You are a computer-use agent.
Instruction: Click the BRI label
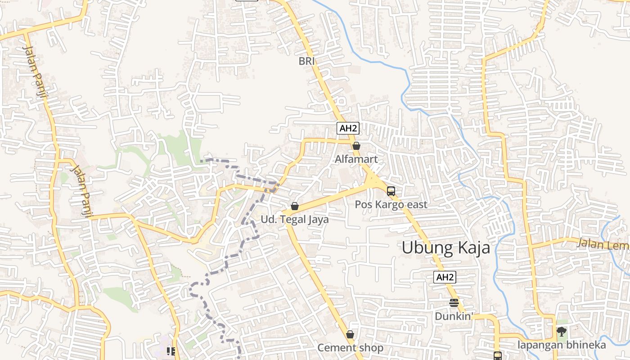click(306, 61)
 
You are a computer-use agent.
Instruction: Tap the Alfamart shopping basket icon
click(356, 146)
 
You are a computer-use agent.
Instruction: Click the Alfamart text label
click(356, 159)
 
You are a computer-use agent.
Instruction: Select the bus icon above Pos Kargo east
click(391, 191)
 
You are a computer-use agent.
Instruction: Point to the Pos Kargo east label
click(391, 204)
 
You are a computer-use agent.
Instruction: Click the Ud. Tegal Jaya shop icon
click(295, 206)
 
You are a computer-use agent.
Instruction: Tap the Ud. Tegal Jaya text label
click(295, 220)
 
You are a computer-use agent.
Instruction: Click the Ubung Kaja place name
click(445, 247)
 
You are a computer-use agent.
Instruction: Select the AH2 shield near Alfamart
click(348, 128)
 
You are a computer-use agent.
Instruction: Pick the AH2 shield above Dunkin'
click(445, 277)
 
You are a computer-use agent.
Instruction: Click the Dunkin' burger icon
click(454, 302)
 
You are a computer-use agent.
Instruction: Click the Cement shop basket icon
click(350, 334)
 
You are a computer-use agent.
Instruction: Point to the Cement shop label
click(350, 348)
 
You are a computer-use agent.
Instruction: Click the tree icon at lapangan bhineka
click(561, 332)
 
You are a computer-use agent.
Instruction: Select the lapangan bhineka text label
click(562, 345)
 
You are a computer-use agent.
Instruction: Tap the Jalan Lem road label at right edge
click(603, 244)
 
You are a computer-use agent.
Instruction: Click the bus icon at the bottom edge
click(497, 355)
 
